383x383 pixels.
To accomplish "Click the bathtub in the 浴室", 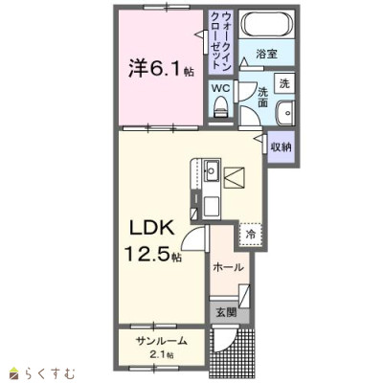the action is point(267,24).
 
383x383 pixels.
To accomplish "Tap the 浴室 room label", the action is point(266,54).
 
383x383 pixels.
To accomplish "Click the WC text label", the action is point(221,88).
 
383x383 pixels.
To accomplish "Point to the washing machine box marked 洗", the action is point(284,83).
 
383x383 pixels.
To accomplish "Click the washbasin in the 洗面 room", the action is point(285,113).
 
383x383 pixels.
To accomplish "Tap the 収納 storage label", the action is point(281,147).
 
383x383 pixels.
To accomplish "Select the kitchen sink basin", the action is point(212,170).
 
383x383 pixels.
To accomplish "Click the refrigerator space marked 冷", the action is point(250,235).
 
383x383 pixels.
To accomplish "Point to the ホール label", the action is point(228,267).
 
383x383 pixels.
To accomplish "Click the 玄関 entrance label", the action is point(227,312).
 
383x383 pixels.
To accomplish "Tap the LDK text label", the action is point(151,229).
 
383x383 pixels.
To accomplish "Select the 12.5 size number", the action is point(147,255).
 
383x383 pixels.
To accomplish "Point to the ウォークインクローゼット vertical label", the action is point(220,40).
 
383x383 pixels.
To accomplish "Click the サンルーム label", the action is point(161,341).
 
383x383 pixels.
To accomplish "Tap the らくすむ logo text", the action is point(49,373).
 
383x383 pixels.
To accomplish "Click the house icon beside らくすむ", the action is point(15,373).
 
